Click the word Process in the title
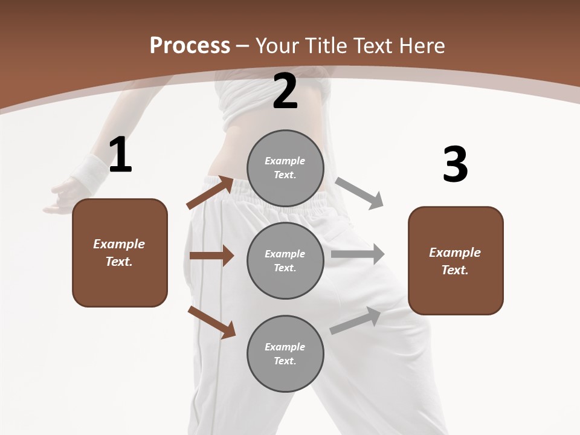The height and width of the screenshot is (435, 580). tap(190, 46)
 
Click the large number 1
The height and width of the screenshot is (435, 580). tap(120, 155)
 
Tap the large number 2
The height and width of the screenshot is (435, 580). tap(285, 91)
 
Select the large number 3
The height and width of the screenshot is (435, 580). tap(455, 164)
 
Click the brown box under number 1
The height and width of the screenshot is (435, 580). tap(120, 253)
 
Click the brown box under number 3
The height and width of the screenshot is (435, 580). tap(456, 261)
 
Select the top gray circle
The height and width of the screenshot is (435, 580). tap(285, 168)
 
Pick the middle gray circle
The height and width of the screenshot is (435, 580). tap(285, 260)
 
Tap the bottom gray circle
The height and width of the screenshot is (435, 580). tap(285, 353)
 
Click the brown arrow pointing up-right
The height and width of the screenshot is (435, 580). tap(210, 193)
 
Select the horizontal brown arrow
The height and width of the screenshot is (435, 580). tap(211, 256)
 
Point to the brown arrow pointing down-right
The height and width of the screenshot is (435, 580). tap(211, 322)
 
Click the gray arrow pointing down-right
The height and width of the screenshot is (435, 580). tap(359, 193)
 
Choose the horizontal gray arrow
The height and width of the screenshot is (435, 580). tap(358, 254)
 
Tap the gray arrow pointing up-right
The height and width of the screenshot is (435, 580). tap(356, 321)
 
